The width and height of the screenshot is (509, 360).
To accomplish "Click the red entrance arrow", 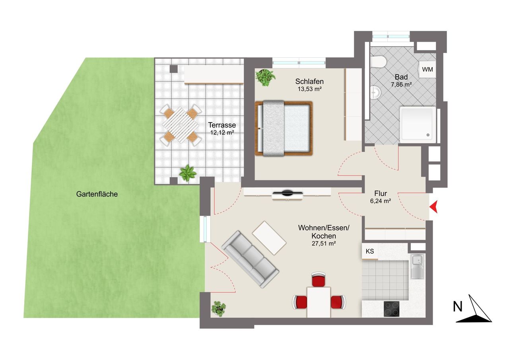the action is (434, 207).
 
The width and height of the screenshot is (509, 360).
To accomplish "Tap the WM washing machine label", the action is (427, 69).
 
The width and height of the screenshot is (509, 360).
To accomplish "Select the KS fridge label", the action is (370, 251).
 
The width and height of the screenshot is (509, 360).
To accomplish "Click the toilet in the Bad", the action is (378, 62).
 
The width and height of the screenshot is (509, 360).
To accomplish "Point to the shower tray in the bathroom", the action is (418, 125).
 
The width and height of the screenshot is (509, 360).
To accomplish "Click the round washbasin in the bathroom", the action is (376, 93).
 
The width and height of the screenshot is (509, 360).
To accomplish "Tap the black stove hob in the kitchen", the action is (392, 309).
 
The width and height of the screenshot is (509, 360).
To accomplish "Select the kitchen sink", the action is (418, 266).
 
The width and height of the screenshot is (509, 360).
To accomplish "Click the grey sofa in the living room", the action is (250, 259).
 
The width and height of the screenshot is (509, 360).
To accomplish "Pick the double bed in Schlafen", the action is (284, 128).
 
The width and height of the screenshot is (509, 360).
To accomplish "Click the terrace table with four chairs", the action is (181, 125).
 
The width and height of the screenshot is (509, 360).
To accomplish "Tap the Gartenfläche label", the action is (97, 194).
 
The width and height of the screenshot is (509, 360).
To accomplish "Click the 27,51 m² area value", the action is (324, 243).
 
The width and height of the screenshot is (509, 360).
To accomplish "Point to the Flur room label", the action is (381, 193).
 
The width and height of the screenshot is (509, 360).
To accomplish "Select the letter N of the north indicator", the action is (458, 307).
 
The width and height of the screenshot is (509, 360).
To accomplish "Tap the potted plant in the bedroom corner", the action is (265, 78).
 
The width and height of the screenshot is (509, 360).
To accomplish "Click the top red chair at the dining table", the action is (319, 279).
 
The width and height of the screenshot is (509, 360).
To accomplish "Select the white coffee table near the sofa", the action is (269, 238).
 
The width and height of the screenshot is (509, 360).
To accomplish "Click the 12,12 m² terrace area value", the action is (222, 132).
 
